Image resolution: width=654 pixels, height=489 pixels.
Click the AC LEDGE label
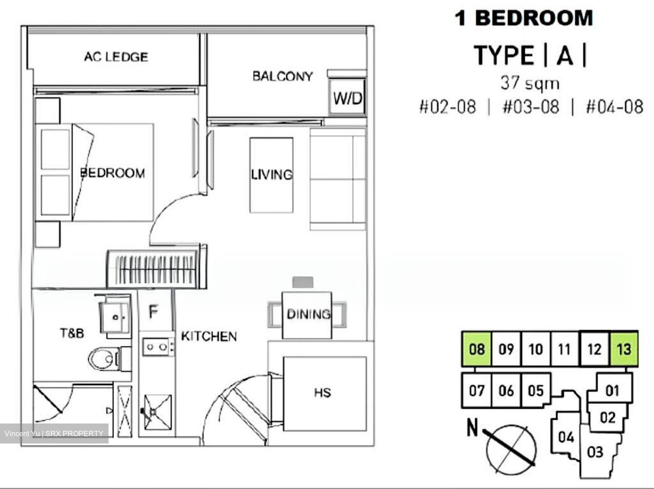(116, 57)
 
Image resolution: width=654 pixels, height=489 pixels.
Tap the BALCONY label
(282, 76)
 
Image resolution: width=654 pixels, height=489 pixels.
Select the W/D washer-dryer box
(347, 98)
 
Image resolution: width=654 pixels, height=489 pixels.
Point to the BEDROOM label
(113, 173)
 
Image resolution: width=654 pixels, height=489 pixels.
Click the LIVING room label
(272, 175)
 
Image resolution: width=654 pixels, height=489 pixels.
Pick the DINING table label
(308, 314)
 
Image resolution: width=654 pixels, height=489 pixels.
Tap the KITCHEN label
(209, 336)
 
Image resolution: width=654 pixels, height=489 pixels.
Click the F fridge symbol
(154, 312)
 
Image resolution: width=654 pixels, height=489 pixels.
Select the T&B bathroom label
(72, 333)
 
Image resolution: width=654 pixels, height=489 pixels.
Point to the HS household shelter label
(322, 393)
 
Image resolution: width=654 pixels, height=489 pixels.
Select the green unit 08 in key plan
(476, 349)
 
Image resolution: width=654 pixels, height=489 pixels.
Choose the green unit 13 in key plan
(624, 349)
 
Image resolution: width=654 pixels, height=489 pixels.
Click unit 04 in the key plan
(566, 437)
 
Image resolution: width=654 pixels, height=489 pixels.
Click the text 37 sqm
(530, 83)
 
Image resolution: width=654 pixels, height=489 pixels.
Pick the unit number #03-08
(530, 107)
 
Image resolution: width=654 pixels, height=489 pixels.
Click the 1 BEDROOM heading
(524, 18)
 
